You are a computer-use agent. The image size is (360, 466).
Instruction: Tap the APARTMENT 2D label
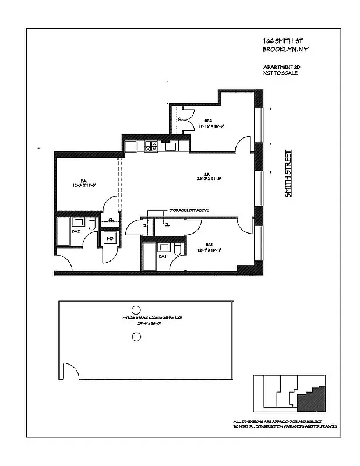pos(282,68)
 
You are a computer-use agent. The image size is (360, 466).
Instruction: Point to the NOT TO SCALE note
pos(280,74)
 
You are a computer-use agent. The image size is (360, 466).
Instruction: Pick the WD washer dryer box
pos(109,238)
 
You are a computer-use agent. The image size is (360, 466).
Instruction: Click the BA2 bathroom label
pos(75,231)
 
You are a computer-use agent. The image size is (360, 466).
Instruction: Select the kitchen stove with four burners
pos(151,146)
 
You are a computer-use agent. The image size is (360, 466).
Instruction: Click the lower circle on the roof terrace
pos(137,336)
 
